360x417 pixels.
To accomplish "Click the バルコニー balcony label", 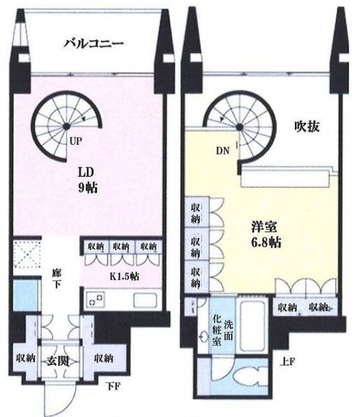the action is [93, 43].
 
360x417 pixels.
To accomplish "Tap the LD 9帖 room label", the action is [87, 180].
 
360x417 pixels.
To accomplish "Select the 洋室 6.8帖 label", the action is [266, 235].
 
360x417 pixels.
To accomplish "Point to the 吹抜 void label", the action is [306, 127].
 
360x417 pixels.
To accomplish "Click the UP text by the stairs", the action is [75, 142].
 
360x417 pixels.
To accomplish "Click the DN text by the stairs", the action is [223, 151].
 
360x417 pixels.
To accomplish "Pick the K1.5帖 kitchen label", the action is [125, 277].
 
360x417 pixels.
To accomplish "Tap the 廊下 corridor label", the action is [57, 279].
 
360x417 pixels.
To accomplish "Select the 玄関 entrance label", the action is [58, 361].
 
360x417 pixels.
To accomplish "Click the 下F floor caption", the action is [114, 386].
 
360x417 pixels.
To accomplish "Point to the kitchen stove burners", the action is [96, 300].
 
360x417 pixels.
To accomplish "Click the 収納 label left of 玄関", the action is [26, 358].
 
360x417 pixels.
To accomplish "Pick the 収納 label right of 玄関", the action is [104, 358].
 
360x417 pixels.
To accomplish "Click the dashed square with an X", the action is [27, 255].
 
